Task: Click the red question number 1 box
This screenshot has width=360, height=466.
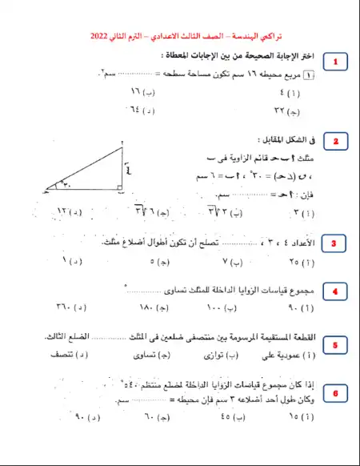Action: coord(337,62)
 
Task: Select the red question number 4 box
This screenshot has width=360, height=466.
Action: coord(335,291)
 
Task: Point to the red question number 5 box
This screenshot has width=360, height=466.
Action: coord(335,344)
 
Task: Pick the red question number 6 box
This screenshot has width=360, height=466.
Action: coord(335,394)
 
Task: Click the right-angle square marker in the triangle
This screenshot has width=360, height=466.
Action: coord(118,189)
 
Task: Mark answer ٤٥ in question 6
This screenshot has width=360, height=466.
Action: coord(226,417)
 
